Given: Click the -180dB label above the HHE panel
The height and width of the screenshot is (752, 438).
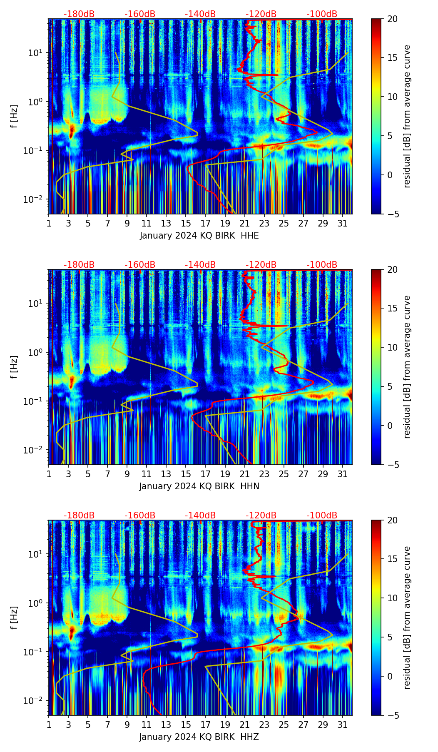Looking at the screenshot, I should tap(79, 14).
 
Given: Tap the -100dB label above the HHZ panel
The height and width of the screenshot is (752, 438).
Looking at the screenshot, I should tap(322, 515).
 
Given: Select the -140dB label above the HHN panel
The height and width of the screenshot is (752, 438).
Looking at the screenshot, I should tap(200, 265).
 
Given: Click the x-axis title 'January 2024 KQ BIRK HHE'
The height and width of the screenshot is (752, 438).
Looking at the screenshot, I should tap(199, 236).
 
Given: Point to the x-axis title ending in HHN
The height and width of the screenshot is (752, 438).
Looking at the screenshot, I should tap(199, 486).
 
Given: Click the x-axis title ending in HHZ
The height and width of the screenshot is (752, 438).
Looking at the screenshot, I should tap(199, 737).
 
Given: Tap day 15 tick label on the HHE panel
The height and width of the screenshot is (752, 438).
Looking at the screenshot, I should tap(186, 223).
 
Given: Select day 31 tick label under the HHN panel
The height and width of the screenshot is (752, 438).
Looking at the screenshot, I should tap(342, 474).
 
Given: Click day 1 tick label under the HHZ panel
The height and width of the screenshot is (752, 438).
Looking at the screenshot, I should tap(49, 725).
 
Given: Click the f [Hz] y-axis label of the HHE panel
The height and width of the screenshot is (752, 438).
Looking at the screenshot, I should tap(14, 116).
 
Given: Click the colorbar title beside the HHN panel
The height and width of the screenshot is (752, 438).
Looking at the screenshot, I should tap(407, 367).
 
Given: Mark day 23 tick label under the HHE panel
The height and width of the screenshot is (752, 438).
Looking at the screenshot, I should tap(264, 223).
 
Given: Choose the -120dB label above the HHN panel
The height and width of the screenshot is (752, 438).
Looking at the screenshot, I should tap(261, 265).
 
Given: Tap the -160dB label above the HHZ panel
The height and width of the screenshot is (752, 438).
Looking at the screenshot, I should tap(140, 515).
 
